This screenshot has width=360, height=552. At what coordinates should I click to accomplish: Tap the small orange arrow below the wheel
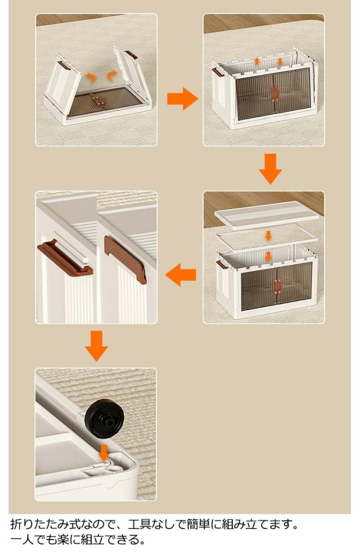point(103,453)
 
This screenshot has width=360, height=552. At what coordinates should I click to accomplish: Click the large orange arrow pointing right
point(182,98)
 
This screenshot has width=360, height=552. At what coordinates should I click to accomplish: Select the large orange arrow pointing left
point(181,274)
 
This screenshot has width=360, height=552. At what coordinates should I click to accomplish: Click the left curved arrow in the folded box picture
point(91,78)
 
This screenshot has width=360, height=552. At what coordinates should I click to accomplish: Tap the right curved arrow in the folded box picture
point(112,75)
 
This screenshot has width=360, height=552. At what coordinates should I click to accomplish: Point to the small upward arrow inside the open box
point(257,61)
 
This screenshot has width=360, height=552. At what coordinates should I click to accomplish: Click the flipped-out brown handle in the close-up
point(65,256)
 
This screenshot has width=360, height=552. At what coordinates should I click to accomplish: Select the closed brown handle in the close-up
point(126,259)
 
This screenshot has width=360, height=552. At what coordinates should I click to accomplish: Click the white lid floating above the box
point(267,214)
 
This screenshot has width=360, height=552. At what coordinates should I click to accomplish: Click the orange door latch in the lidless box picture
point(274,94)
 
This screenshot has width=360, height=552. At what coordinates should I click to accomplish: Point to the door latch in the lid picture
point(278,287)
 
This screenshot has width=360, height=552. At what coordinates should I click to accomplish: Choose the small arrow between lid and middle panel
point(268,236)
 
